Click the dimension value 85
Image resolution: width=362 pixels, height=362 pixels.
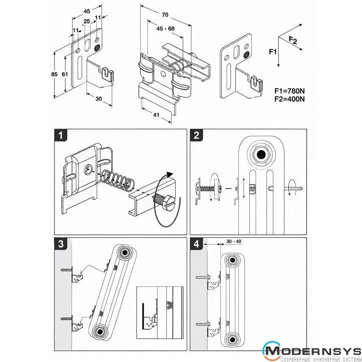[54, 74]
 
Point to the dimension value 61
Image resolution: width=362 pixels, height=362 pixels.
[65, 74]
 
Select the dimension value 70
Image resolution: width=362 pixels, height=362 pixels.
[165, 15]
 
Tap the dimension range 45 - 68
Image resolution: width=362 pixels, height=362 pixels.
[166, 29]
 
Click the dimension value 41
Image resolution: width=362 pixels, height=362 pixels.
[156, 115]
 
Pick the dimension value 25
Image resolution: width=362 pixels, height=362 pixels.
[87, 21]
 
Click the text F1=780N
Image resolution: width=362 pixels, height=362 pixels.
[289, 91]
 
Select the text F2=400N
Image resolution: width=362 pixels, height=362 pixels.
[289, 99]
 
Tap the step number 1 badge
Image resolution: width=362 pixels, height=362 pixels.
[61, 135]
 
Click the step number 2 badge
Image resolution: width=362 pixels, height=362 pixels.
[196, 135]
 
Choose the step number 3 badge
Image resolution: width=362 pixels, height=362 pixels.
[61, 244]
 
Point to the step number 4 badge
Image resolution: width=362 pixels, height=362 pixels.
[196, 244]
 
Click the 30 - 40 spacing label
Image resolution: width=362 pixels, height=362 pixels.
[234, 241]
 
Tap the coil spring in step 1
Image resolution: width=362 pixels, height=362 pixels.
[118, 180]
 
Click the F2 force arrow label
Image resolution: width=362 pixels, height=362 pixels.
[293, 41]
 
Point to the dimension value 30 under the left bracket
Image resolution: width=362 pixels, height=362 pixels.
[99, 99]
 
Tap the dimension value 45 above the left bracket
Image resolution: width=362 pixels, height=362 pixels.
[87, 11]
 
